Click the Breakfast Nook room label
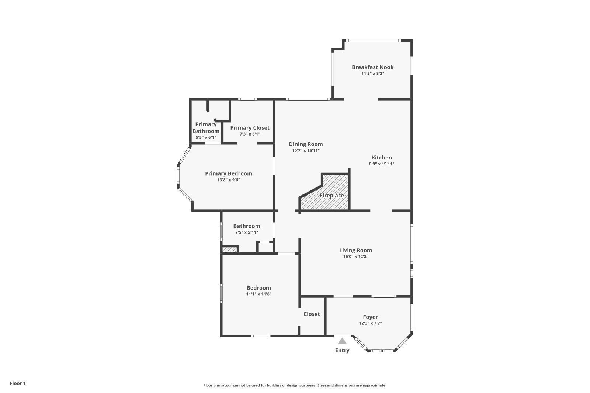373,67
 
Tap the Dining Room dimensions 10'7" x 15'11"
306,151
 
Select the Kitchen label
382,158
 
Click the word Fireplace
332,196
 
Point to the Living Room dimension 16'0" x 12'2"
355,256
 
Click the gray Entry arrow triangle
342,341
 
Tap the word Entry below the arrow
342,350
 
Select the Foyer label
370,317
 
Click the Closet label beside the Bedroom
312,314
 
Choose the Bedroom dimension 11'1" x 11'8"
259,294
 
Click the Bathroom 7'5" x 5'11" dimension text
247,232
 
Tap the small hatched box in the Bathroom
230,249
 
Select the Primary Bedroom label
229,173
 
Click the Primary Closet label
250,128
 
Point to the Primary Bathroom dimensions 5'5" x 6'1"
206,137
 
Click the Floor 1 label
18,383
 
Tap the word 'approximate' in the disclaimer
374,385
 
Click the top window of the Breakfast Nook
373,41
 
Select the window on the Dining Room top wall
308,99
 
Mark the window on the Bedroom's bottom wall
260,336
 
